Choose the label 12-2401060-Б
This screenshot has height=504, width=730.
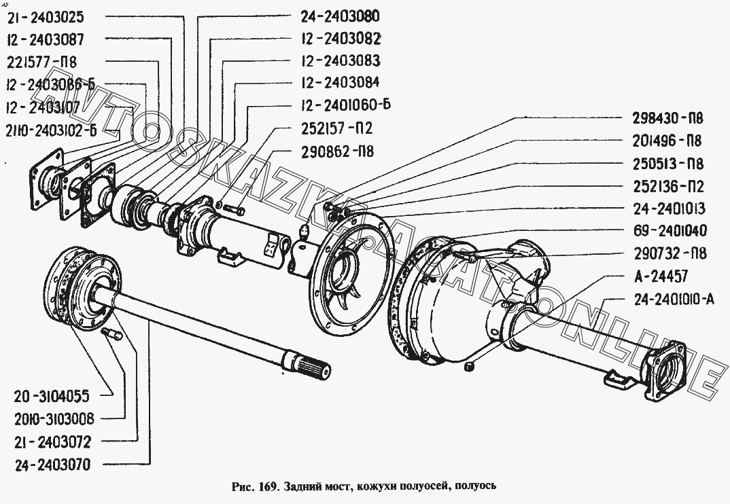click(344, 105)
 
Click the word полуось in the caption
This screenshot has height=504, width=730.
click(476, 486)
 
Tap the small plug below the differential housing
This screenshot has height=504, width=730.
click(469, 367)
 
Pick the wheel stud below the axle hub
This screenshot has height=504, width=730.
click(111, 334)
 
